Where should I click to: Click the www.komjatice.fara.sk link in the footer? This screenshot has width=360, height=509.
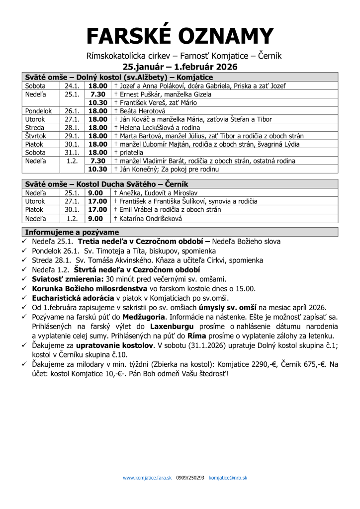(x=147, y=478)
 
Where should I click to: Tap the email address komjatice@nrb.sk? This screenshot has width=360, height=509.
(x=228, y=478)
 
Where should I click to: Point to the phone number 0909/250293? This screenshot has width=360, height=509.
(x=190, y=478)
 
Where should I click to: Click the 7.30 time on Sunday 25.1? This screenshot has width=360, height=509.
(x=98, y=94)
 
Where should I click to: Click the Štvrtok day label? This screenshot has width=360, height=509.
(x=36, y=136)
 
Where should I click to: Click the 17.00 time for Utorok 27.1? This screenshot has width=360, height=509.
(x=98, y=201)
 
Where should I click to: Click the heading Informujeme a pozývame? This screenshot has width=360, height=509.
(x=72, y=232)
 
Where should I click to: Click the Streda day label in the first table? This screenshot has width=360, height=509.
(x=35, y=128)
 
